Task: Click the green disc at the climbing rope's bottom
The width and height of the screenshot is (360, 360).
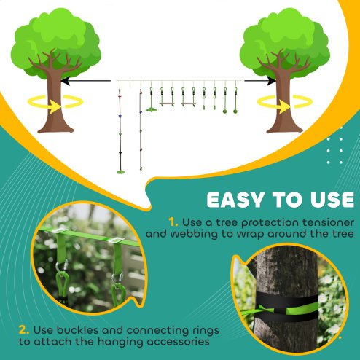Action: [x=120, y=171]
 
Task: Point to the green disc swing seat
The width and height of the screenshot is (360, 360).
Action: [x=152, y=110]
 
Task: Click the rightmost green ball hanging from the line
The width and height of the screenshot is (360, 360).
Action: [x=236, y=111]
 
